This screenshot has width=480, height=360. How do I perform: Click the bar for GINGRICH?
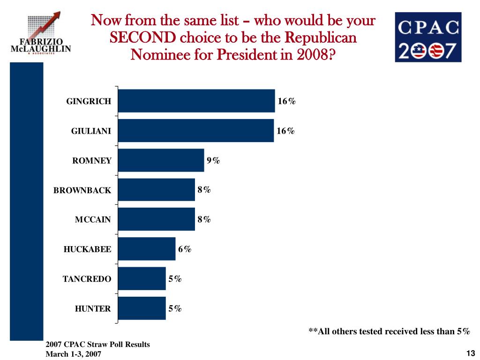tap(196, 101)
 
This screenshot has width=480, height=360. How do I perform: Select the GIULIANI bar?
tap(195, 130)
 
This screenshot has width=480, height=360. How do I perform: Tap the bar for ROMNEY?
tap(161, 160)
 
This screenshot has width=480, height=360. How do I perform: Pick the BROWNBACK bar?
tap(156, 190)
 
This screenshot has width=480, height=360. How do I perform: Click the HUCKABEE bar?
tap(146, 249)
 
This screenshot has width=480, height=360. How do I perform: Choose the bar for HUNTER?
tap(142, 308)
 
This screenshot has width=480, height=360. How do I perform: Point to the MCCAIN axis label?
tap(93, 220)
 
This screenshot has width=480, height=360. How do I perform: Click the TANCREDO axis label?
tap(87, 279)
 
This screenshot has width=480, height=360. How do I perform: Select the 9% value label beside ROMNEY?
tap(213, 160)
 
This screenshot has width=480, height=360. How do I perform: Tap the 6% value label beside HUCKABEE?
tap(185, 249)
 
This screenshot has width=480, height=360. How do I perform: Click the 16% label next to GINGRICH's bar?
tap(286, 101)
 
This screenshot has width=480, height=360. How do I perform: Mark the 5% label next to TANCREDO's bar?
tap(175, 279)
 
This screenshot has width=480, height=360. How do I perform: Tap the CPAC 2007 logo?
tap(428, 37)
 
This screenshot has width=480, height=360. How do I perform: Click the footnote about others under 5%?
tap(389, 331)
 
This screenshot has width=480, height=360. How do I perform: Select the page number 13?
tap(471, 353)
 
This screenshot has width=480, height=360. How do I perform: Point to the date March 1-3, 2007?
tap(73, 354)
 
